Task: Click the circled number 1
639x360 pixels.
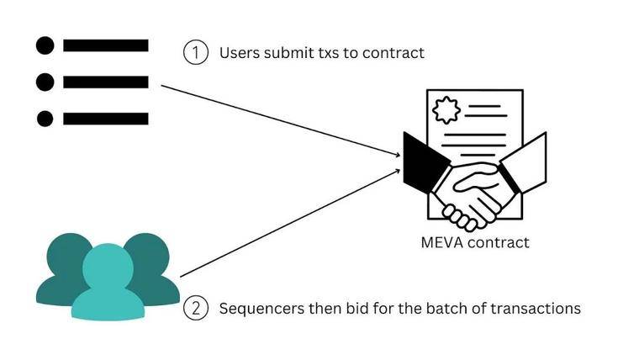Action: pyautogui.click(x=196, y=53)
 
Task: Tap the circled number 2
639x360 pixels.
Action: pyautogui.click(x=196, y=308)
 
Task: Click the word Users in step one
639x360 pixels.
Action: pyautogui.click(x=240, y=53)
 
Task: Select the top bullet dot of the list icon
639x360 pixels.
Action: pyautogui.click(x=45, y=45)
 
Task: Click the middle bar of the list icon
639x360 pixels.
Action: pyautogui.click(x=106, y=82)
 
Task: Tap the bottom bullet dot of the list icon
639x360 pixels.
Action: pyautogui.click(x=45, y=119)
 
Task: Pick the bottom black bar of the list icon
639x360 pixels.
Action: pyautogui.click(x=106, y=119)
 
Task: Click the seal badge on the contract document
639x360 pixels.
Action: pyautogui.click(x=446, y=110)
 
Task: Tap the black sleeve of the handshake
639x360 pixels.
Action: pyautogui.click(x=424, y=163)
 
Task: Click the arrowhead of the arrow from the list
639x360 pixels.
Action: pyautogui.click(x=398, y=155)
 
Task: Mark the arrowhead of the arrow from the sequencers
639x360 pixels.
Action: pyautogui.click(x=398, y=172)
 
